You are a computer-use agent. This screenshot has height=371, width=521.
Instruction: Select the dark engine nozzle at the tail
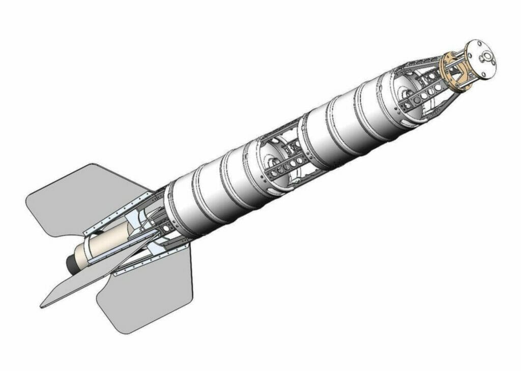coord(70,263)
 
